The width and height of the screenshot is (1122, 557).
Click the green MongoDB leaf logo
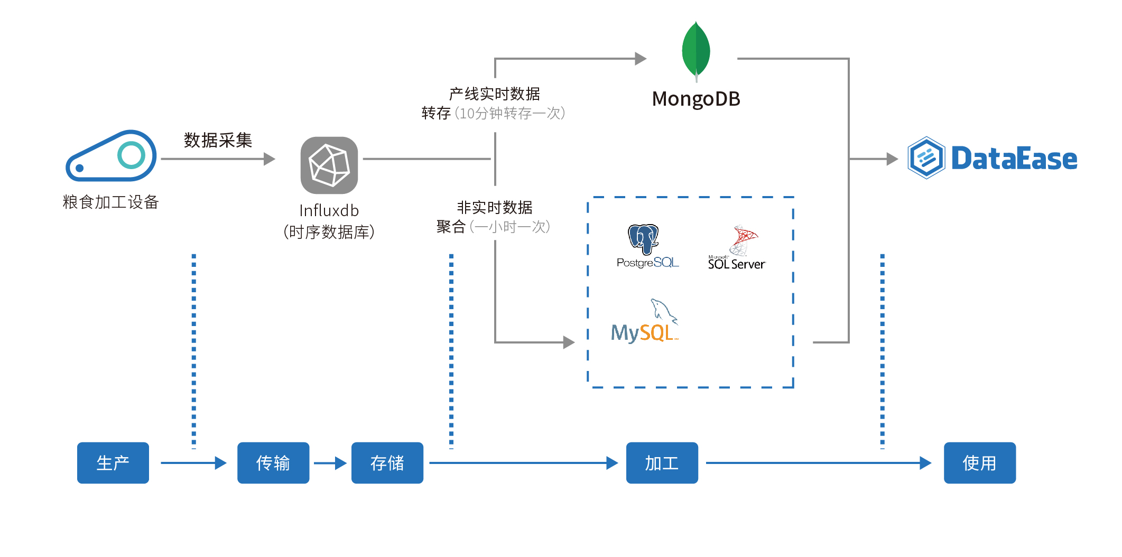pyautogui.click(x=696, y=51)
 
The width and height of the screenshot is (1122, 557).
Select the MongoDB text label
pyautogui.click(x=696, y=99)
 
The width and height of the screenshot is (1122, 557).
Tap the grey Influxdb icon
pyautogui.click(x=329, y=165)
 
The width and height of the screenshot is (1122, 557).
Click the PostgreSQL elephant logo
pyautogui.click(x=643, y=239)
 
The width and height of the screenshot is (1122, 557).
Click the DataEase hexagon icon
pyautogui.click(x=926, y=158)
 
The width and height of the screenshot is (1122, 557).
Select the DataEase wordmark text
pyautogui.click(x=1014, y=159)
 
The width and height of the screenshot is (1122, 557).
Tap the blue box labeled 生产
pyautogui.click(x=113, y=463)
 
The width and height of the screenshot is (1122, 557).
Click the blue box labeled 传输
pyautogui.click(x=273, y=463)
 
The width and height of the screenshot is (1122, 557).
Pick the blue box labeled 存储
pyautogui.click(x=387, y=463)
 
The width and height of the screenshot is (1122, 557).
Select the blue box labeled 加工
pyautogui.click(x=662, y=463)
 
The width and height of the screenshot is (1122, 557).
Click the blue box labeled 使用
pyautogui.click(x=979, y=463)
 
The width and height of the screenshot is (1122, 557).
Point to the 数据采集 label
pyautogui.click(x=218, y=140)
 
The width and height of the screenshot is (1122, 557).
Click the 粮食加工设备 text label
pyautogui.click(x=111, y=202)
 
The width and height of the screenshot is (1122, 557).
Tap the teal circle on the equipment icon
pyautogui.click(x=131, y=155)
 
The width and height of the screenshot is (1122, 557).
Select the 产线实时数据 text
pyautogui.click(x=494, y=94)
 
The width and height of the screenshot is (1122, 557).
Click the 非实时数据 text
pyautogui.click(x=494, y=207)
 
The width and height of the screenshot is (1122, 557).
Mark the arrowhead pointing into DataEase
pyautogui.click(x=892, y=159)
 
